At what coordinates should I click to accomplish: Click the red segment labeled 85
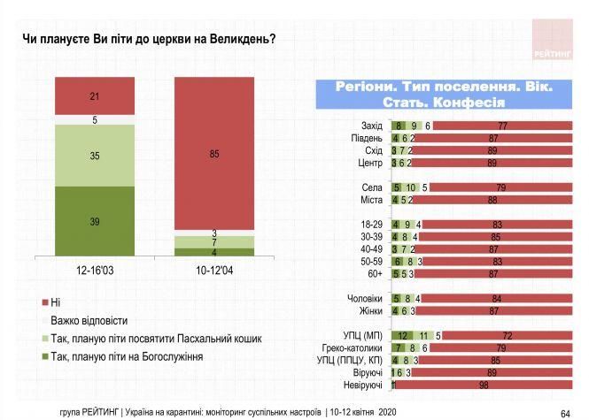point(213,154)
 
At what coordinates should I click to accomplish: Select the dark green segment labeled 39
point(94,220)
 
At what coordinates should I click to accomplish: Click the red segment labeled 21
point(94,95)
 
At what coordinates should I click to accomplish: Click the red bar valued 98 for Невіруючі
point(484,386)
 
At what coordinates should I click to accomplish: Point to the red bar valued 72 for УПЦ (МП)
point(506,336)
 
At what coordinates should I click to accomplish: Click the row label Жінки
point(368,311)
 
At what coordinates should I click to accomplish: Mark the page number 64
point(565,413)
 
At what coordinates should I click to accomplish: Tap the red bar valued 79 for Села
point(502,187)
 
